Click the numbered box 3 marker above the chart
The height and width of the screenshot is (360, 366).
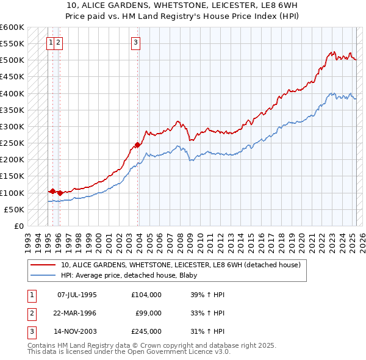coord(135,43)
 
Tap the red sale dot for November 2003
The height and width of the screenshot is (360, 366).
coord(137,145)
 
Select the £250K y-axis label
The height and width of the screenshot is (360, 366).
coord(12,143)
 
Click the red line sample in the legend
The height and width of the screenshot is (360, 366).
coord(44,265)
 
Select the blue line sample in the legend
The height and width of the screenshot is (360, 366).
coord(44,275)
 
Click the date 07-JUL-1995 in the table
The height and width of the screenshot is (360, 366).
coord(77,295)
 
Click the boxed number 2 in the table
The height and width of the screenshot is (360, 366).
coord(30,313)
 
